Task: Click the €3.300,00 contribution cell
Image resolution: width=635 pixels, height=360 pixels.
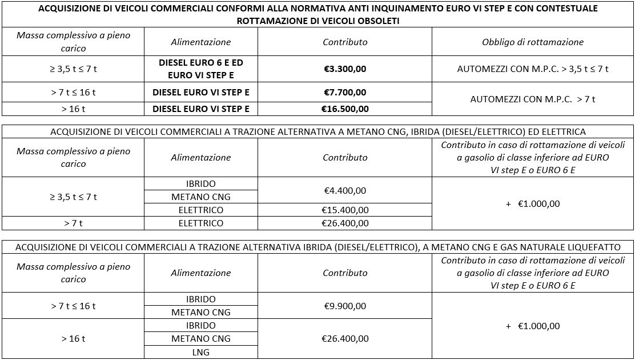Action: (345, 69)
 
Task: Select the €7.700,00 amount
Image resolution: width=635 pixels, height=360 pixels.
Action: (345, 92)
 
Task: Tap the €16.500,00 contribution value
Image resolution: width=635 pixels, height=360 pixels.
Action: (345, 109)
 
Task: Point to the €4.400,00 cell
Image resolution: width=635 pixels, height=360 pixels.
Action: (345, 190)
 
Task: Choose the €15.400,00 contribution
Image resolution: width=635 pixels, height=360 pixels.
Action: (345, 210)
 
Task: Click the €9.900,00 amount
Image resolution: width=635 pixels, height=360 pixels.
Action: (345, 306)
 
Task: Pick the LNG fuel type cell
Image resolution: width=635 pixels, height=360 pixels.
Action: (201, 352)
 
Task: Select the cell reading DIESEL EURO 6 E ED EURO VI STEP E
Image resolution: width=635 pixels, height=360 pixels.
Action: (201, 69)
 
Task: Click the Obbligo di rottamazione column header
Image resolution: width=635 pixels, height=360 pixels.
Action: (532, 42)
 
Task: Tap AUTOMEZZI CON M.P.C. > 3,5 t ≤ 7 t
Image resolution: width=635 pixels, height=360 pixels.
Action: (532, 69)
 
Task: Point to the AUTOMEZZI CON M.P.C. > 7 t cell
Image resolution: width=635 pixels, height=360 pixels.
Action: (532, 99)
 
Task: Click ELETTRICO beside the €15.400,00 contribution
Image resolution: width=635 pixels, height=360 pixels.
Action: (201, 210)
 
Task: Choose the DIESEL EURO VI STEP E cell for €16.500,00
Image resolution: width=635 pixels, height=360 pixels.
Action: (201, 109)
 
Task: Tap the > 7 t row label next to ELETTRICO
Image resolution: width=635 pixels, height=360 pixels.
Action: (73, 223)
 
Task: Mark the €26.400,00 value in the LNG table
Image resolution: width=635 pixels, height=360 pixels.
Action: (345, 338)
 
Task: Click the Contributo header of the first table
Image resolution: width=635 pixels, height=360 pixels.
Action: (345, 42)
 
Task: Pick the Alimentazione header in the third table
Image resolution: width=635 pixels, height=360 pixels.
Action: (201, 273)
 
